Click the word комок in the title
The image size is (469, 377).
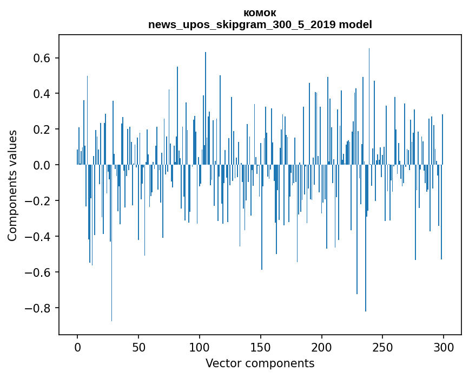point(260,13)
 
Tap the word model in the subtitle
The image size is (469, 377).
point(355,25)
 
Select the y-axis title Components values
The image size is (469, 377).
point(12,185)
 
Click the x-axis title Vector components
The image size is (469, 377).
point(260,363)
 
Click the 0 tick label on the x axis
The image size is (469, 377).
point(77,347)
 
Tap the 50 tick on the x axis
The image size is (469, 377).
point(138,347)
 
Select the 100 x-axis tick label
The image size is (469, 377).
point(200,347)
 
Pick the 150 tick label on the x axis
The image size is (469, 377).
point(261,347)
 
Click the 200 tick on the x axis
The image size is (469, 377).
point(322,347)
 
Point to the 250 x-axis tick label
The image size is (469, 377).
point(383,347)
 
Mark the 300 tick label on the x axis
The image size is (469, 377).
point(444,347)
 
